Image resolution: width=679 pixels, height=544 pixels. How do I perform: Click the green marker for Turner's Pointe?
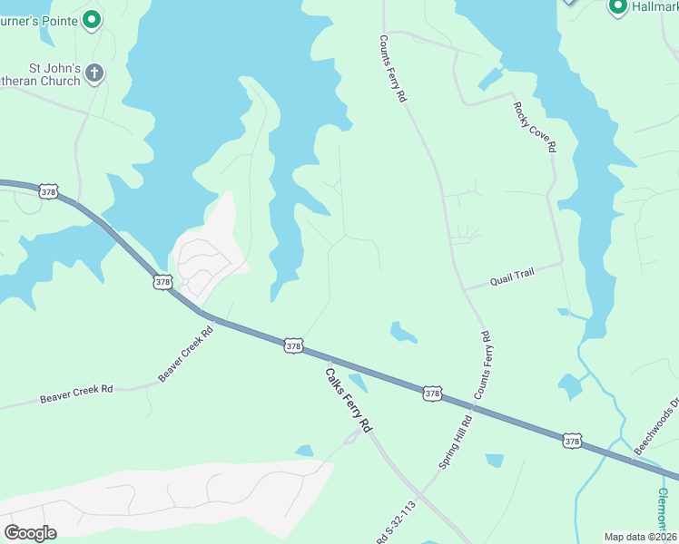(x=92, y=18)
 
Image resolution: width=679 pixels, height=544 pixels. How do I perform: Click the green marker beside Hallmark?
(x=618, y=7)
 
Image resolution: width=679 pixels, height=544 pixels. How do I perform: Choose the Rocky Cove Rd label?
(x=534, y=126)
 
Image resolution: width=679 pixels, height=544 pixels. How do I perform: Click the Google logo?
(x=31, y=532)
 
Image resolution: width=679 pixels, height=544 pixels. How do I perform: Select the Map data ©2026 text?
(x=640, y=536)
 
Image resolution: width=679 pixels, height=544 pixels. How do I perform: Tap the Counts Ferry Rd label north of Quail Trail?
(x=391, y=69)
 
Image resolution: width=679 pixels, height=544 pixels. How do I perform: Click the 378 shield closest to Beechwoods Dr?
(x=572, y=440)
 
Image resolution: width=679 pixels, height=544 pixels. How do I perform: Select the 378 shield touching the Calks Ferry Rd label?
(x=292, y=345)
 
